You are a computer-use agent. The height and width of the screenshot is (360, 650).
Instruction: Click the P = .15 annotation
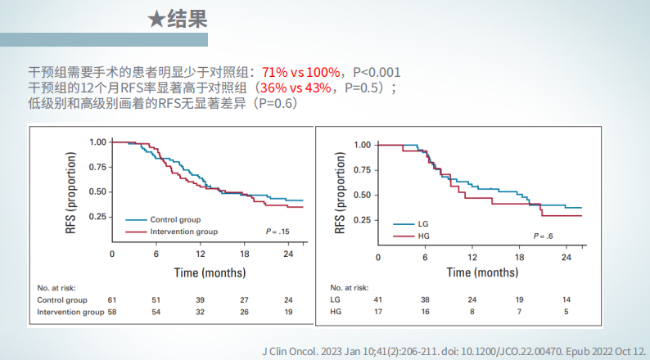[x=278, y=232]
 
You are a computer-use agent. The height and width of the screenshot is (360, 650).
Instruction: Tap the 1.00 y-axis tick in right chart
[x=362, y=145]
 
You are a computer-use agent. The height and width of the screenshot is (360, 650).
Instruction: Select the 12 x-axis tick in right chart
[x=472, y=258]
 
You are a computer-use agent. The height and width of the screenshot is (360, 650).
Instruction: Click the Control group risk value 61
[x=113, y=300]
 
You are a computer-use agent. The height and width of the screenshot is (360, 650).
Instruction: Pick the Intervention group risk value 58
[x=113, y=312]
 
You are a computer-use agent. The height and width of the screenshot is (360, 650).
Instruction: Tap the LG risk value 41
[x=378, y=300]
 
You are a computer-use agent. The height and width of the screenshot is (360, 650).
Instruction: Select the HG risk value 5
[x=566, y=312]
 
